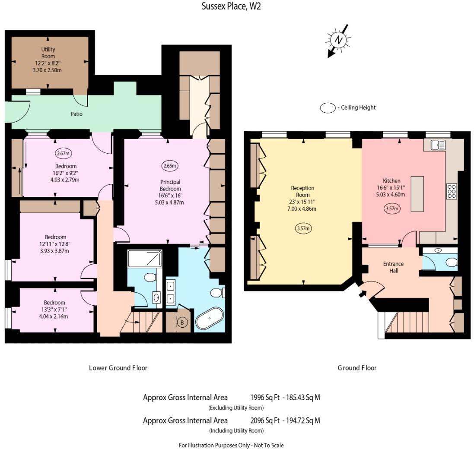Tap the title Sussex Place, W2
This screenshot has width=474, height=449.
[231, 6]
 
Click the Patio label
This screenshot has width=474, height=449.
[76, 114]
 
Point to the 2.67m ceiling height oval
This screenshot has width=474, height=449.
[63, 153]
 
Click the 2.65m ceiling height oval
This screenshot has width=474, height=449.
[170, 165]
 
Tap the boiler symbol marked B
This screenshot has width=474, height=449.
[182, 322]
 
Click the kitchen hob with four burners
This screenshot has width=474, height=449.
[452, 191]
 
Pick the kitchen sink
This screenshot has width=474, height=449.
[438, 145]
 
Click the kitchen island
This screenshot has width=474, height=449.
[417, 194]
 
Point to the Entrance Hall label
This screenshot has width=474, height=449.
[393, 267]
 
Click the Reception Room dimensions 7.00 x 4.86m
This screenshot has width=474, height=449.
[302, 209]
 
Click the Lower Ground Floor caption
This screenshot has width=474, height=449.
[118, 368]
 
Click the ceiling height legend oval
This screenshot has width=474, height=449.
[328, 108]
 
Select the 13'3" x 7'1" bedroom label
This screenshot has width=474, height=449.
[54, 310]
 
